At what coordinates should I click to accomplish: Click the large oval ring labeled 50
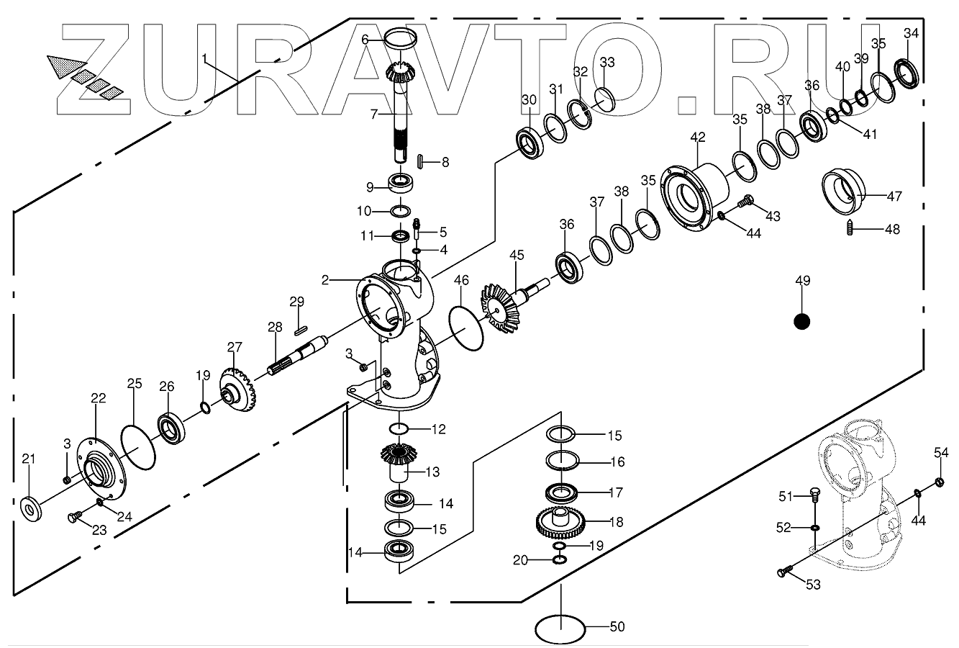[560, 628]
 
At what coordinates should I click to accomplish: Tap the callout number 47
[894, 196]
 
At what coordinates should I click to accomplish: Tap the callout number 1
[204, 56]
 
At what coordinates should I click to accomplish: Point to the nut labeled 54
[939, 482]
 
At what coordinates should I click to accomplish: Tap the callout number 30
[529, 99]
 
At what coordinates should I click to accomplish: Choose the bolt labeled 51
[813, 496]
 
